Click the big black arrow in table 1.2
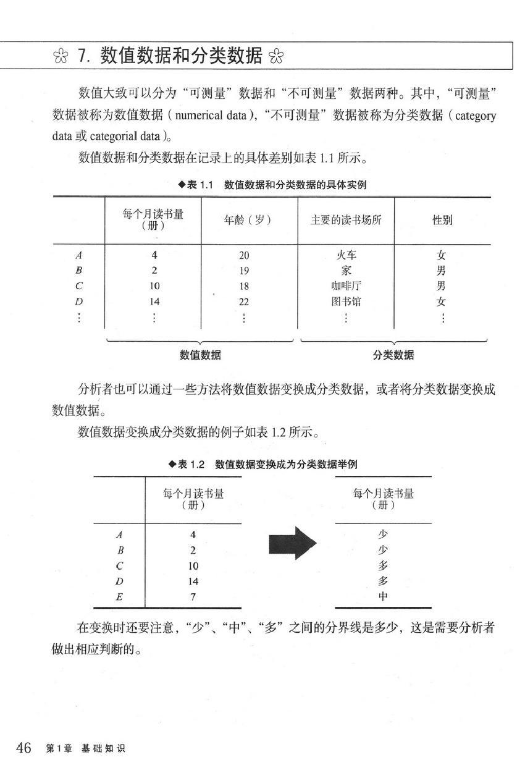tap(292, 543)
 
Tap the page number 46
tap(23, 748)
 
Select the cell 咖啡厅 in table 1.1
tap(345, 286)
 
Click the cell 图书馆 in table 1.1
tap(345, 302)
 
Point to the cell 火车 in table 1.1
tap(345, 255)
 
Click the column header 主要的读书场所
tap(346, 220)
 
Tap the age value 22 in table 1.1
tap(244, 302)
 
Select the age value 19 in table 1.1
tap(244, 270)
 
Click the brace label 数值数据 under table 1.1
tap(200, 355)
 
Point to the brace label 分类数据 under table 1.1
tap(393, 355)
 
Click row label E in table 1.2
tap(119, 597)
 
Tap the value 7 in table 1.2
tap(193, 597)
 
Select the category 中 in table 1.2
tap(383, 597)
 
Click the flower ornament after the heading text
tap(276, 57)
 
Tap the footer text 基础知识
tap(103, 748)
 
